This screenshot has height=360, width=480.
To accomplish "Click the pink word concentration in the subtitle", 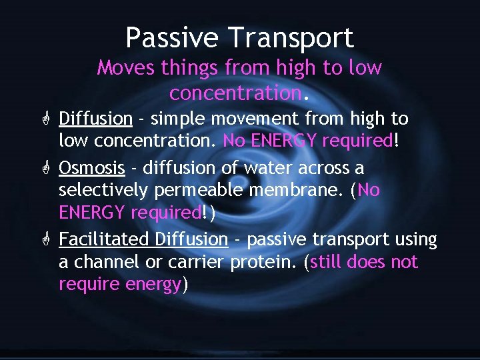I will click(x=234, y=92).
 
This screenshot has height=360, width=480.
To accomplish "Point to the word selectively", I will click(x=104, y=191).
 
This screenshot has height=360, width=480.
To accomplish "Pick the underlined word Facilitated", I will click(x=105, y=239).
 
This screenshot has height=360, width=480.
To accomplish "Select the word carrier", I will click(x=195, y=262).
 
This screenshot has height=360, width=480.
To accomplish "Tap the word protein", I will click(x=263, y=262).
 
